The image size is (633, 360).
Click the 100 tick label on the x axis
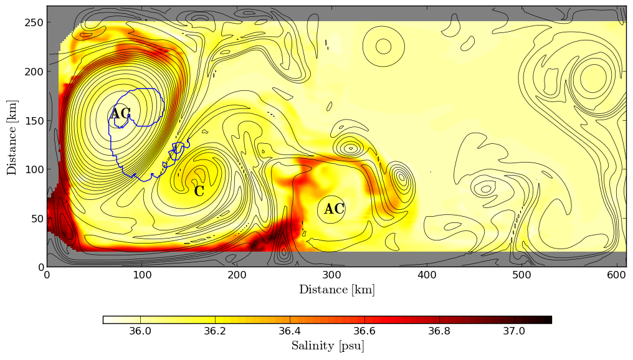click(141, 275)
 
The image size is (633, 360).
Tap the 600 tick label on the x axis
click(617, 275)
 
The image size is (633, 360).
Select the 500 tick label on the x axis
click(522, 275)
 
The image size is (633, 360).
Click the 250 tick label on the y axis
click(36, 22)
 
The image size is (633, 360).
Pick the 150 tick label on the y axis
click(36, 121)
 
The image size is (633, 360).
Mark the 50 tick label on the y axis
click(38, 219)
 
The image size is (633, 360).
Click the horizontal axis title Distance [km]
click(337, 290)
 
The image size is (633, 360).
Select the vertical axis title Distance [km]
click(12, 137)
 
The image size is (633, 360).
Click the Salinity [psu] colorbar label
click(327, 346)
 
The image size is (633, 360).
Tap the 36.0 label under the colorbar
click(140, 331)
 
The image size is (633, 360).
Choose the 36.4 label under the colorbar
click(290, 331)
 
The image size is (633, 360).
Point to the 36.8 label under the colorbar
click(439, 331)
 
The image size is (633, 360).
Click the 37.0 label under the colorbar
click(514, 331)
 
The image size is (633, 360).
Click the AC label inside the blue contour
click(120, 114)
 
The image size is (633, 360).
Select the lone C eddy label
click(199, 191)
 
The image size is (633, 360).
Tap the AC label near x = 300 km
click(335, 209)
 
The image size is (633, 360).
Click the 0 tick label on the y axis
click(40, 267)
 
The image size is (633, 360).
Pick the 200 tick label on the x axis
click(237, 275)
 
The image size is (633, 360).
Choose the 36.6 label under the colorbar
click(364, 331)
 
